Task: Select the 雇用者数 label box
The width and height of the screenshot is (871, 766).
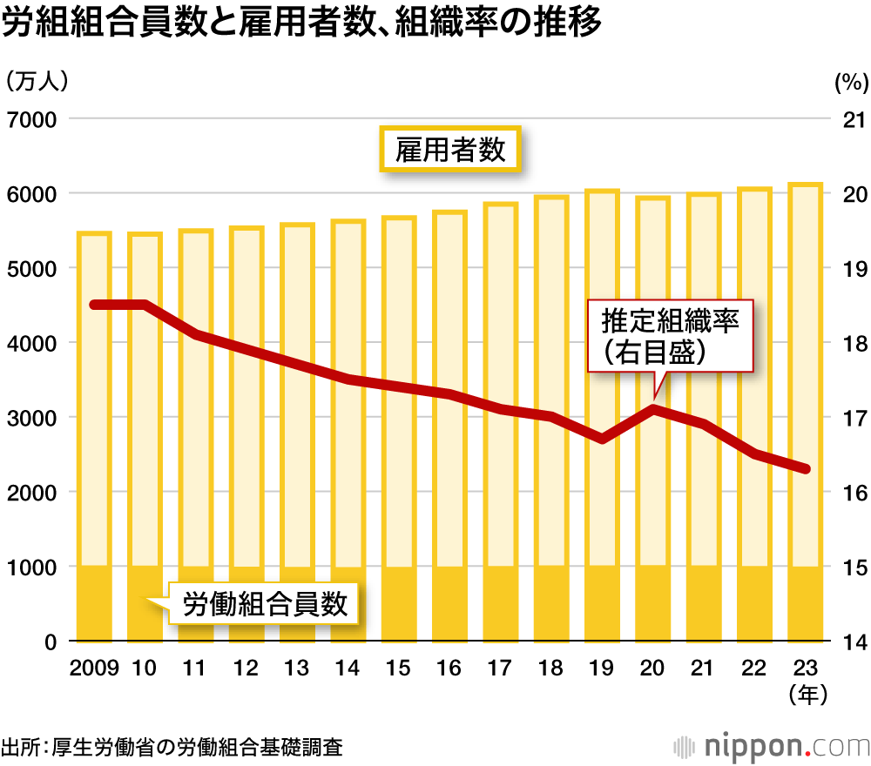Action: coord(449,150)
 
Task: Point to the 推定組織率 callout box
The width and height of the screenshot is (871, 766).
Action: coord(670,337)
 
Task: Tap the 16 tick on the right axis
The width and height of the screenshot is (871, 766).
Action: coord(849,493)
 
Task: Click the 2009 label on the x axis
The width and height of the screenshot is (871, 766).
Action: coord(94,669)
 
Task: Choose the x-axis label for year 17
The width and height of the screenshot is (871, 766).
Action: coord(500,669)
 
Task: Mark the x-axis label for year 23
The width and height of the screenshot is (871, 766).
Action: coord(805,669)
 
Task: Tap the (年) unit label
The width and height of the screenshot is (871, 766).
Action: coord(805,695)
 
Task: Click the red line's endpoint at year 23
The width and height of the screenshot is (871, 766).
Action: coord(806,469)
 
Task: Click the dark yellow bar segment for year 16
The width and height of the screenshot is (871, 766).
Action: coord(449,603)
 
